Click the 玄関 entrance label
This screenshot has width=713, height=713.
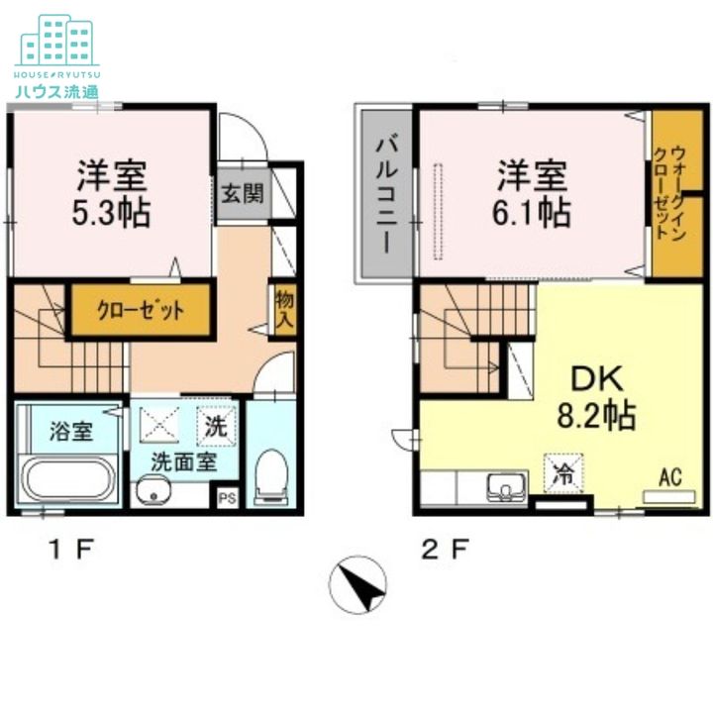[243, 194]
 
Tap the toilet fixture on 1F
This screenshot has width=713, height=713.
[271, 477]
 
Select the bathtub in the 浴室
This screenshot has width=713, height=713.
[68, 480]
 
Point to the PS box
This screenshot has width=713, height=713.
[227, 498]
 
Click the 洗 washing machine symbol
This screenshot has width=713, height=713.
[217, 426]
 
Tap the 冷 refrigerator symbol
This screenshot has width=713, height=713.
[563, 473]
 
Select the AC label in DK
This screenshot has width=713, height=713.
[670, 477]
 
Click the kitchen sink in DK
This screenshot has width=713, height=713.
[505, 487]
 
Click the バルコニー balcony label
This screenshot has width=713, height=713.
[386, 195]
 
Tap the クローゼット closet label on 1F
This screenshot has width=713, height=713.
[141, 311]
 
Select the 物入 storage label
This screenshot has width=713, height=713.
[284, 310]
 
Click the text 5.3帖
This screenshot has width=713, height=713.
[111, 212]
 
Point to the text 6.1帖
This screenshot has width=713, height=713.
[532, 212]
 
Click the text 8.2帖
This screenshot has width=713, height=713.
[596, 415]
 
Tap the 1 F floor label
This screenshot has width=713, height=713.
[72, 550]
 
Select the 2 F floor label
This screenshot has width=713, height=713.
[445, 550]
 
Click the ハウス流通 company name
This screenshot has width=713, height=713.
[56, 92]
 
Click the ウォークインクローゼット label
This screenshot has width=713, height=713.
[669, 192]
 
